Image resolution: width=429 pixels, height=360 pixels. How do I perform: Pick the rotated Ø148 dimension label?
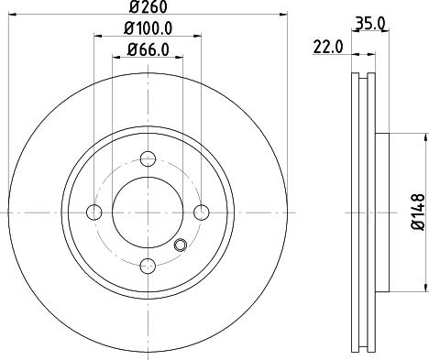418,212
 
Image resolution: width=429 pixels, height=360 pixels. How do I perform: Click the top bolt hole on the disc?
147,158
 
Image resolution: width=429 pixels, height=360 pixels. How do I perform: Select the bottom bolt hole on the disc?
147,266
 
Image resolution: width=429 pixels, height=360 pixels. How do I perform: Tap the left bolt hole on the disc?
93,213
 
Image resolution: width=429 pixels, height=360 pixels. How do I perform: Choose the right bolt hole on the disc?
200,213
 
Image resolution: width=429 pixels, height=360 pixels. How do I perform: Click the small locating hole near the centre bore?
180,244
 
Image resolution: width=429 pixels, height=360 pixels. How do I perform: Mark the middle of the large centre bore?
147,213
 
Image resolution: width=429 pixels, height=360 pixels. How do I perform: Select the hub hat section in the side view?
380,213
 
